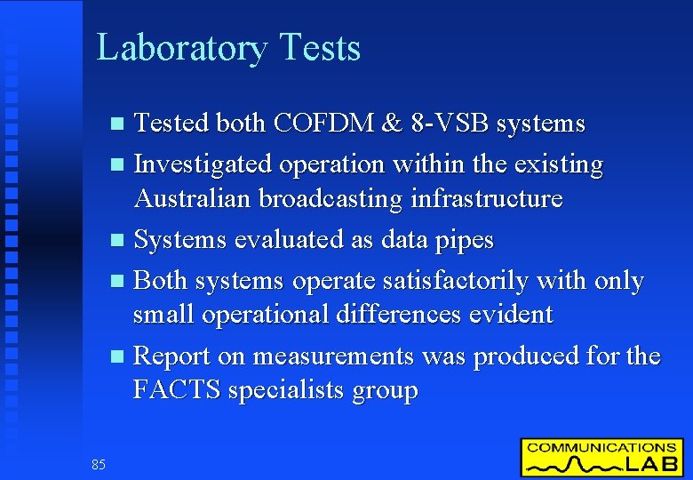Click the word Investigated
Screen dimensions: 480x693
pyautogui.click(x=203, y=164)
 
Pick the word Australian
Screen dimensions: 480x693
pyautogui.click(x=193, y=198)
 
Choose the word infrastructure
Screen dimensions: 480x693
pyautogui.click(x=485, y=198)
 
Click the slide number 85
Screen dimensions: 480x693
pyautogui.click(x=98, y=464)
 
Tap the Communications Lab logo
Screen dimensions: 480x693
pyautogui.click(x=601, y=457)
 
